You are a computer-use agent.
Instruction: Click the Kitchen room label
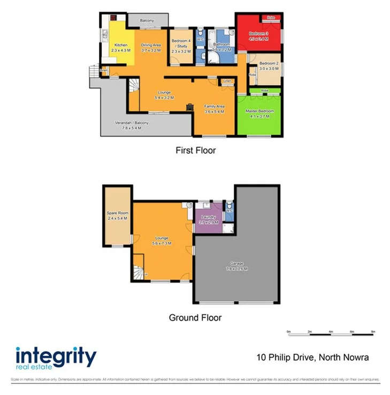coord(121,46)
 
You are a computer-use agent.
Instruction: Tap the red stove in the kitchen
coord(114,16)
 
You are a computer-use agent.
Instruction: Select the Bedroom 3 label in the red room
coord(258,33)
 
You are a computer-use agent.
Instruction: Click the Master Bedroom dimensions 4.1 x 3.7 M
coord(259,116)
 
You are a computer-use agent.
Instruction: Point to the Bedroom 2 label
coord(270,64)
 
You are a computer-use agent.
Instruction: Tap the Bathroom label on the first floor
coord(221,44)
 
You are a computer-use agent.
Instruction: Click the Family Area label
coord(214,106)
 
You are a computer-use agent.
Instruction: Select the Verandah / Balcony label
coord(132,123)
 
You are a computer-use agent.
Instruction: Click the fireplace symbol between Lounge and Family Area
coord(189,107)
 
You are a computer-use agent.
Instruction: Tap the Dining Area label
coord(151,46)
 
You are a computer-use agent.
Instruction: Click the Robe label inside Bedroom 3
coord(271,18)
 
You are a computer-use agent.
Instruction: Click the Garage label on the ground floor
coord(237,263)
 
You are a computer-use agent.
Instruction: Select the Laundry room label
coord(207,217)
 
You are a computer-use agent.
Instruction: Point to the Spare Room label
coord(117,213)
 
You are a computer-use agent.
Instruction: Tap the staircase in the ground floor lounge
coord(138,272)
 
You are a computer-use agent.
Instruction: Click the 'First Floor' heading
coord(195,151)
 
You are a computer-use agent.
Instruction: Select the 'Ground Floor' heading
coord(195,317)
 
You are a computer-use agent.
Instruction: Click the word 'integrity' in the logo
coord(56,356)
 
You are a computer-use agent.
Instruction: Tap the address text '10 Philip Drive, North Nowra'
coord(313,357)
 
